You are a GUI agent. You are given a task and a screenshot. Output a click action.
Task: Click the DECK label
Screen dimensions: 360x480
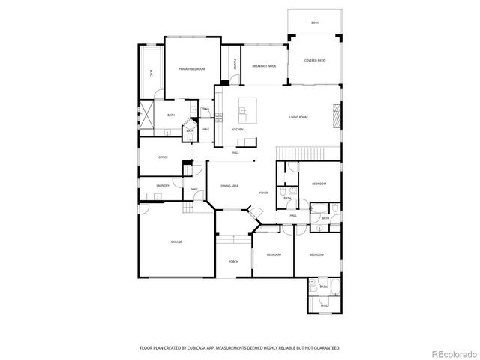pyautogui.click(x=315, y=23)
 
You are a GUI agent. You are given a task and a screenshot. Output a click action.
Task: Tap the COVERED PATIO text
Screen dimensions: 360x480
pyautogui.click(x=315, y=60)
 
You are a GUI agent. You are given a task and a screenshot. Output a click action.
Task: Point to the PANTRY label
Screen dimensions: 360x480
pyautogui.click(x=235, y=66)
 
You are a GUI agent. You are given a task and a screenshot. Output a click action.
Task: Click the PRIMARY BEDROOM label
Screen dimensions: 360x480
pyautogui.click(x=191, y=68)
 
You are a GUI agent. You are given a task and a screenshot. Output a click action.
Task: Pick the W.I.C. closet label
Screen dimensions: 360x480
pyautogui.click(x=151, y=73)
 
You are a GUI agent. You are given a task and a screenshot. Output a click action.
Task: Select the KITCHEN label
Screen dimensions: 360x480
pyautogui.click(x=237, y=130)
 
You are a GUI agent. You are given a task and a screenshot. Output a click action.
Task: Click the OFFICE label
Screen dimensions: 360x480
pyautogui.click(x=163, y=157)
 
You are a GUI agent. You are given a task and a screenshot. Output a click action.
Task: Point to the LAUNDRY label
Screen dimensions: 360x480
pyautogui.click(x=163, y=185)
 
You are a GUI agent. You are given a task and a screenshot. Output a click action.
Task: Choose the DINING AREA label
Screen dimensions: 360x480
pyautogui.click(x=229, y=185)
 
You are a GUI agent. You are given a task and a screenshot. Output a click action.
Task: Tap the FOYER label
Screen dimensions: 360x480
pyautogui.click(x=263, y=193)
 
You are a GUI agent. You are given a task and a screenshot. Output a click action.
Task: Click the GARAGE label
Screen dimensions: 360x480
pyautogui.click(x=176, y=241)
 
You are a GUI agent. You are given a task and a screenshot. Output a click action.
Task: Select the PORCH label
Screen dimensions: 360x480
pyautogui.click(x=233, y=262)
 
